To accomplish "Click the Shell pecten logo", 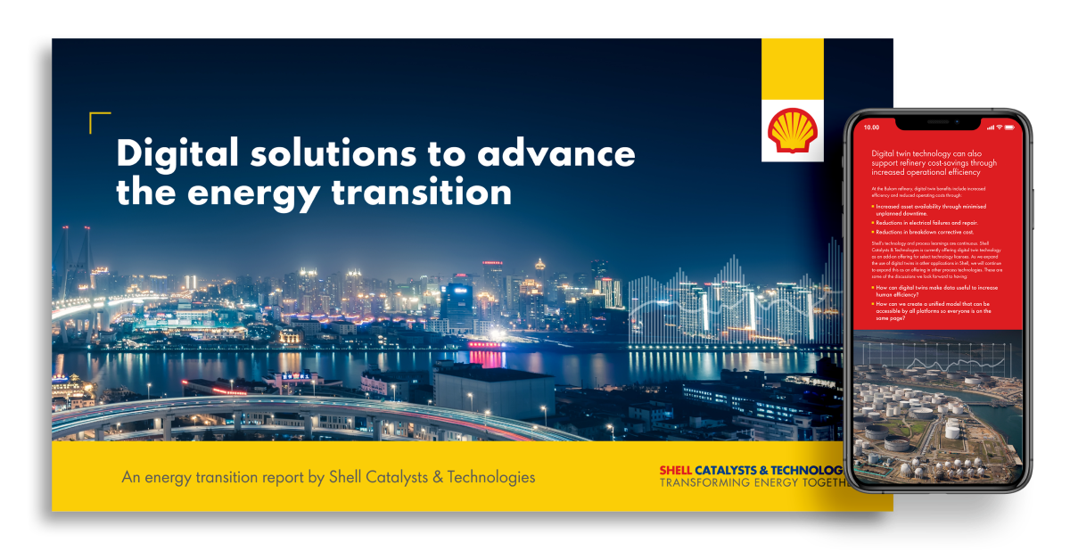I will coord(792,130).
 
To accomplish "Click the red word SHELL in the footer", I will coord(675,470).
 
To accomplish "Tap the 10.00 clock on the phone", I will coord(872,127).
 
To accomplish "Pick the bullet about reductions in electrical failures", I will coord(927,222).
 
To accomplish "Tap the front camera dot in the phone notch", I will coord(956,120).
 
